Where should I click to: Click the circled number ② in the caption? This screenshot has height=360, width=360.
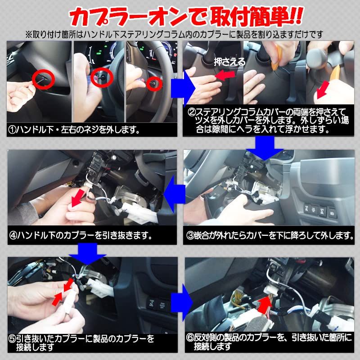[x=190, y=111]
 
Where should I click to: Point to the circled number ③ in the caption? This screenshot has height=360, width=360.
[x=190, y=235]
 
